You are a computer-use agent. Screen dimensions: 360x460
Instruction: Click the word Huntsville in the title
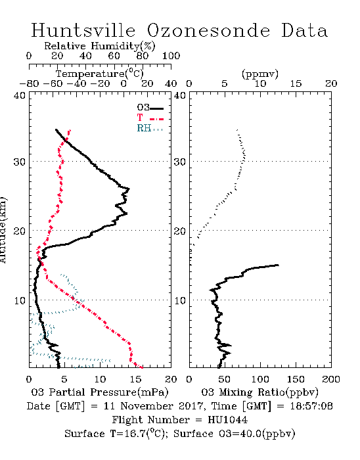click(83, 30)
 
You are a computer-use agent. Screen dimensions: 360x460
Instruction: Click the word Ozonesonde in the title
click(208, 30)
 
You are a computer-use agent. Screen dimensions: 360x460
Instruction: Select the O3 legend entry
click(150, 108)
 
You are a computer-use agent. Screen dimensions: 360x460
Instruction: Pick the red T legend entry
click(150, 118)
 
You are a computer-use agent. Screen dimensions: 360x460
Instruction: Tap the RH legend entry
click(150, 128)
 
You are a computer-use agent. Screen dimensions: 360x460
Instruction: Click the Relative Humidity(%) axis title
click(100, 46)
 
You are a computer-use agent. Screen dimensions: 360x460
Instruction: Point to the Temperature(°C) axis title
click(100, 74)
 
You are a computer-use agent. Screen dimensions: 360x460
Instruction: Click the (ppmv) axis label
click(260, 74)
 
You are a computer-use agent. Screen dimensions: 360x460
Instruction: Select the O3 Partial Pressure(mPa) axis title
click(100, 392)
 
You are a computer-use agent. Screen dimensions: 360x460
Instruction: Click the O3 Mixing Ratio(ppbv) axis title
click(259, 392)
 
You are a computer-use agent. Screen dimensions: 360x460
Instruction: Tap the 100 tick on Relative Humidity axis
click(171, 56)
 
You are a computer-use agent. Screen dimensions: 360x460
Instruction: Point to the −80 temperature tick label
click(29, 84)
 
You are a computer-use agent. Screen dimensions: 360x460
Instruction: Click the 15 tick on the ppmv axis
click(296, 84)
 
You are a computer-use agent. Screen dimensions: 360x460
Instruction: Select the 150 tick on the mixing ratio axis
click(296, 379)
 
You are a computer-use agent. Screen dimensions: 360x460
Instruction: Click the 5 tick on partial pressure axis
click(64, 379)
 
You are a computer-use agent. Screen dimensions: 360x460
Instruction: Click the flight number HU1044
click(228, 420)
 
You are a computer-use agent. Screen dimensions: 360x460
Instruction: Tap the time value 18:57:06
click(311, 406)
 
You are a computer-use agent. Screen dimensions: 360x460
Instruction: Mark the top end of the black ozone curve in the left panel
click(56, 129)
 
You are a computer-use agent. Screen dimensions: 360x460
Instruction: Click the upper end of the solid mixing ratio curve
click(278, 265)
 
